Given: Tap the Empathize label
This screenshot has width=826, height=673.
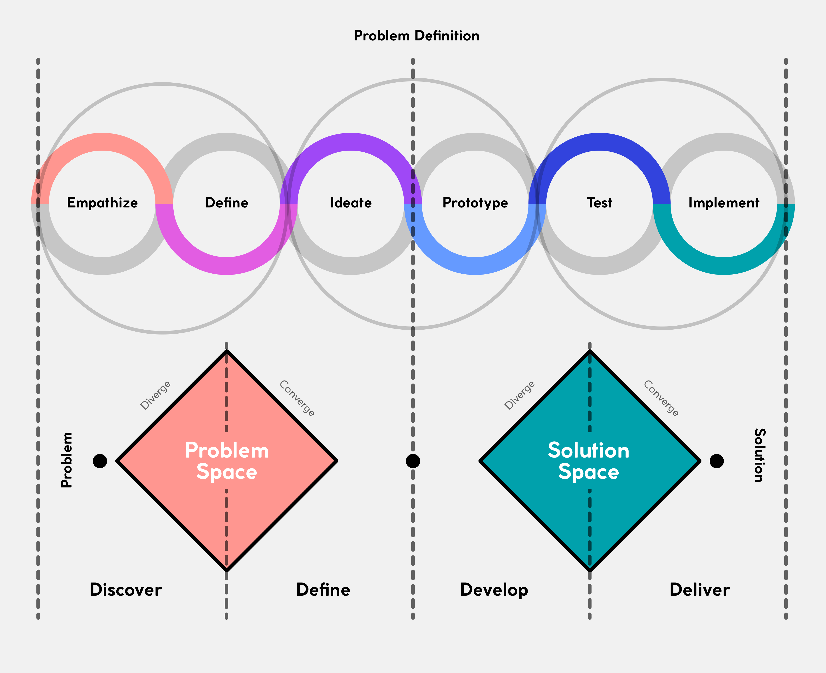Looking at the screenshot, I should [102, 203].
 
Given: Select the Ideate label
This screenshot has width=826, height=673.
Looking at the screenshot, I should [351, 203].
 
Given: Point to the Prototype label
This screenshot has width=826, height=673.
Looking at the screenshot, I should [475, 203].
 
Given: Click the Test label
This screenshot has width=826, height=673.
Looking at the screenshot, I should [599, 203].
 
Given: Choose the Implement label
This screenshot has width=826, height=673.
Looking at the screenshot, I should [724, 203].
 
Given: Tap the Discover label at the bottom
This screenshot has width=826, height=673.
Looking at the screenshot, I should [126, 590].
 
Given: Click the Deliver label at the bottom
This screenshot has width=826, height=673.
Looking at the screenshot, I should [700, 590].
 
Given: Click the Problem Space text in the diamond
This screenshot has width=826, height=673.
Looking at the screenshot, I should [227, 461].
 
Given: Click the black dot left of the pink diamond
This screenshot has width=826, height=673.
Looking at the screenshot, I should [100, 461].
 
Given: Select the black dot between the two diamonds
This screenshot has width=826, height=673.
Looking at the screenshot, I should [413, 461].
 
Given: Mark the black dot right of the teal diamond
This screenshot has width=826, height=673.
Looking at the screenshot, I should [717, 461].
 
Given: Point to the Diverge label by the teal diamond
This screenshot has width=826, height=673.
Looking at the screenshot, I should [519, 395].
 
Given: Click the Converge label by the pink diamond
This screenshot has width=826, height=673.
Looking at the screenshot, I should [297, 398].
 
